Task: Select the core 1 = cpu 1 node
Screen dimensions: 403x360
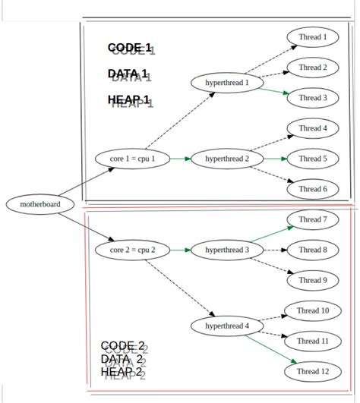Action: [132, 159]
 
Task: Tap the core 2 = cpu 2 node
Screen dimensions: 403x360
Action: [132, 250]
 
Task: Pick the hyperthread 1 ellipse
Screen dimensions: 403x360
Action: [227, 82]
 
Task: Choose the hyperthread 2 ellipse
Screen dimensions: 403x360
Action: [227, 159]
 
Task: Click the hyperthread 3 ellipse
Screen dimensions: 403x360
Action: [227, 250]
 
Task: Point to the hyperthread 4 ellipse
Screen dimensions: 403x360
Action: [227, 326]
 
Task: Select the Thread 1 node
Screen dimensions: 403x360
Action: [313, 36]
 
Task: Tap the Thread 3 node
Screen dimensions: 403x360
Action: [313, 98]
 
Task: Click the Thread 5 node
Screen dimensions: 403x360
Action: [313, 159]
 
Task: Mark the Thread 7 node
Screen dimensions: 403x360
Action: [313, 219]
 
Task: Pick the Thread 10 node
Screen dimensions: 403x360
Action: [313, 310]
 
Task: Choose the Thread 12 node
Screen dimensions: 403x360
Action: [313, 372]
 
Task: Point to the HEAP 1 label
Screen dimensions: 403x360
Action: [130, 101]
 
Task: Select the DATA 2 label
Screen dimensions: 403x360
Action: [123, 360]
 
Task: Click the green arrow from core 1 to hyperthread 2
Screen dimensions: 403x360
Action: [178, 159]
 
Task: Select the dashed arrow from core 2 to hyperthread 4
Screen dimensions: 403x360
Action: [179, 287]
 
